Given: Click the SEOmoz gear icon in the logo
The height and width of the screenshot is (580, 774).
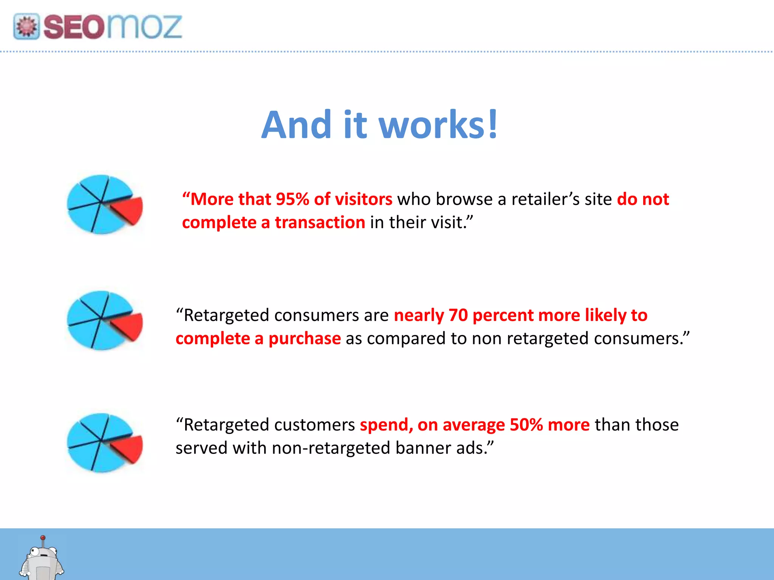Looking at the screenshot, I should click(26, 26).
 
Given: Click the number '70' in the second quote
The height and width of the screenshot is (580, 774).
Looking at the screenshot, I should click(458, 315).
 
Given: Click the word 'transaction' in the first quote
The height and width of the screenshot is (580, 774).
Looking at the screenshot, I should click(320, 222).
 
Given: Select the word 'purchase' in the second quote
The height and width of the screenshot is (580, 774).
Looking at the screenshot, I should click(305, 339).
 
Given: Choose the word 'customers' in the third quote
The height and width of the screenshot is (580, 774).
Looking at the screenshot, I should click(314, 425).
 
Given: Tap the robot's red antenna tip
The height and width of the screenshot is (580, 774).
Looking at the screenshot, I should click(43, 537).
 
